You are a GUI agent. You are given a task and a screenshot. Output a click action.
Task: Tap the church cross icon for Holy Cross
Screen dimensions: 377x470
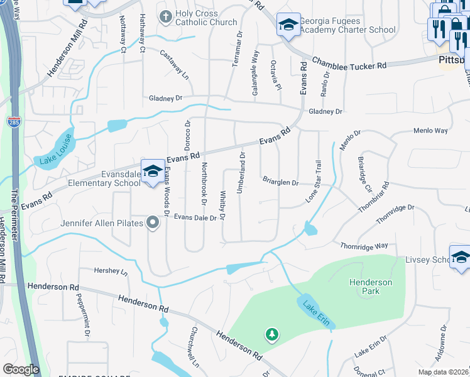coord(166,18)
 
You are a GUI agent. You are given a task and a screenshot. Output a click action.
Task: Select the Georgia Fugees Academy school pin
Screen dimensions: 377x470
coord(288,25)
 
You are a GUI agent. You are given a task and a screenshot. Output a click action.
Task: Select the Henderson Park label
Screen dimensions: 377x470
coord(371,287)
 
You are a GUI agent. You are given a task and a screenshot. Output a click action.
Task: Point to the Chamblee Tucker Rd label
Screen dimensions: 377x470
coord(350,65)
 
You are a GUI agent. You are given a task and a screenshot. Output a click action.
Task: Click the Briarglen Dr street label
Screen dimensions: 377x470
coord(280,183)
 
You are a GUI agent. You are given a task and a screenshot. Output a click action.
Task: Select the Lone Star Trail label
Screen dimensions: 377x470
coord(317,181)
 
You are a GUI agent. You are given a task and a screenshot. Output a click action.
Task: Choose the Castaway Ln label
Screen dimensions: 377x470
coord(174,64)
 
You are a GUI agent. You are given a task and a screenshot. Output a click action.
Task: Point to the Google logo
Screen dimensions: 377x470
coord(21,369)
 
